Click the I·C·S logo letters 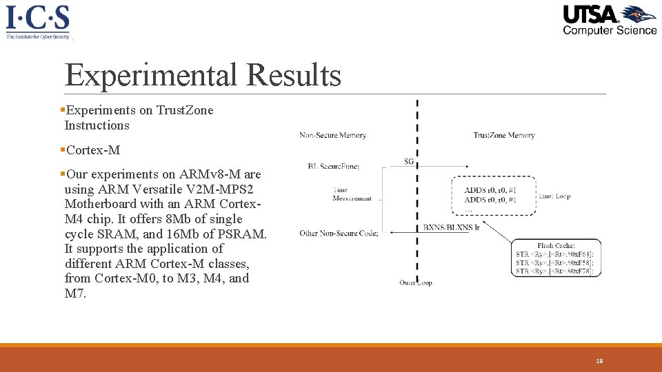37,17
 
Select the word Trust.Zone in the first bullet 185,110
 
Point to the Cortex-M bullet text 93,149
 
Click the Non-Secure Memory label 332,135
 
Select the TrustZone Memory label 504,135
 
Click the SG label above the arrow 409,161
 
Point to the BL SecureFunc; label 334,166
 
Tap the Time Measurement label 352,194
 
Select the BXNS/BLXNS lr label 451,227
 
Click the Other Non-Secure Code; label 339,233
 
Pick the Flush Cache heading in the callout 556,246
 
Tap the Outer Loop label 415,282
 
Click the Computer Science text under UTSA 610,30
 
